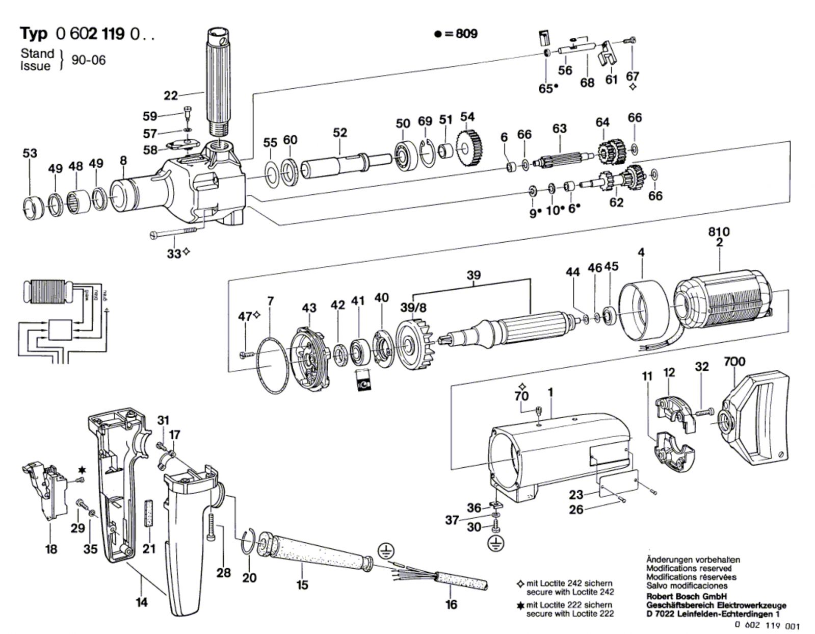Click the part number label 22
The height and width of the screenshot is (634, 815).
[170, 95]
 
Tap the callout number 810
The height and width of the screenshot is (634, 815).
[719, 232]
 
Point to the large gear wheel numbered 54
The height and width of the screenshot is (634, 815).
[467, 148]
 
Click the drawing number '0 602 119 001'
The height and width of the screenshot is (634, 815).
[767, 626]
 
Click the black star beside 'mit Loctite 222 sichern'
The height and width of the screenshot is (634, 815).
[520, 605]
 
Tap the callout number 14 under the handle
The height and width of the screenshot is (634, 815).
[141, 602]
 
